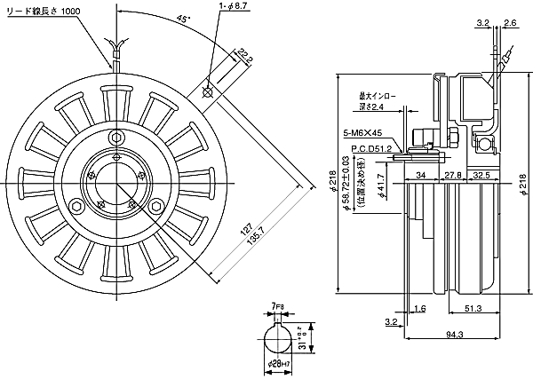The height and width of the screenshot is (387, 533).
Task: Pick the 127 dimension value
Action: tap(242, 233)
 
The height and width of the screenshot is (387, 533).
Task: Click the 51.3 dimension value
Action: tap(473, 308)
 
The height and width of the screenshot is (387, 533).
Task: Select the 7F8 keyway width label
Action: tap(278, 305)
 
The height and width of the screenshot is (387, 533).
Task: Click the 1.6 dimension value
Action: tap(421, 308)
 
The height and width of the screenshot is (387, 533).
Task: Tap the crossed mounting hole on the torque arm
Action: tap(207, 91)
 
